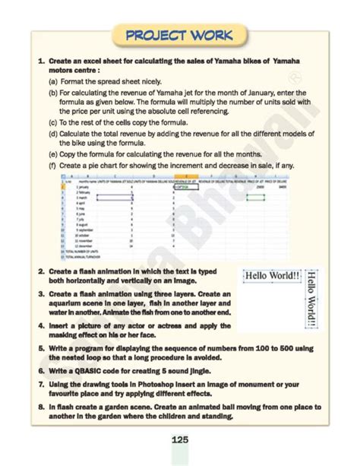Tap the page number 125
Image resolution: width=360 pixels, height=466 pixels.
point(179,440)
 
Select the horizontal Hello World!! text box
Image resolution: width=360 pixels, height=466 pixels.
point(270,275)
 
